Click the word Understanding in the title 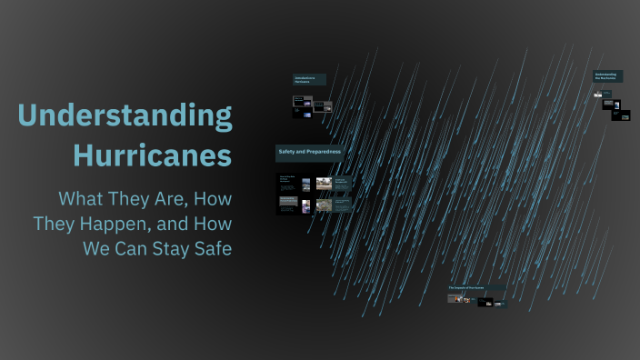[125, 117]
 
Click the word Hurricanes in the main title [153, 155]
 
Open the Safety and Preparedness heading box [309, 152]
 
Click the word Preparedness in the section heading [323, 152]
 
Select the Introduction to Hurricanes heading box [309, 79]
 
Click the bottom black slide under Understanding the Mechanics [622, 115]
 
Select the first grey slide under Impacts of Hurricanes [456, 298]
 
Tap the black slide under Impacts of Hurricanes [485, 302]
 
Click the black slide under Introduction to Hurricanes [303, 106]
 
